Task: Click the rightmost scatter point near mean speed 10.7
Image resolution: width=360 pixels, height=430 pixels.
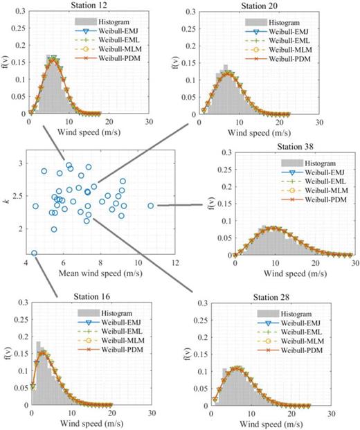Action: tap(151, 206)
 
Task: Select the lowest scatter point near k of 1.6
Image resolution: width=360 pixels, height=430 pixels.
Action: tap(35, 253)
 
